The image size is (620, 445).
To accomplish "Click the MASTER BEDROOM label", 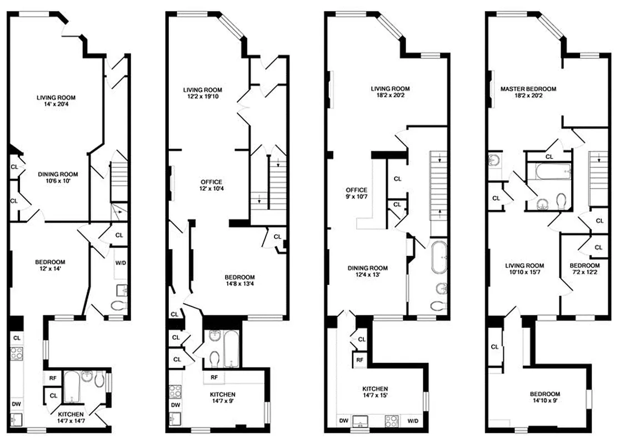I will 528,88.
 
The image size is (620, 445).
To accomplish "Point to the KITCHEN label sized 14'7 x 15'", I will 376,389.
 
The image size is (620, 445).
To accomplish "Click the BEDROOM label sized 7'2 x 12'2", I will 584,265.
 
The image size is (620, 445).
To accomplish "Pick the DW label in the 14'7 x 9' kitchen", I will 175,405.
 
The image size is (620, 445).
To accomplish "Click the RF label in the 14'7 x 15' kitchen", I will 360,360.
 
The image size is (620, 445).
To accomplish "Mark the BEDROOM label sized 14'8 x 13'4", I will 239,277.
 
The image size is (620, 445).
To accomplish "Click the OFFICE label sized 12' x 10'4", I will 211,182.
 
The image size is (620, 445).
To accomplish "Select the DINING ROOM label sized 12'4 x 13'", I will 367,268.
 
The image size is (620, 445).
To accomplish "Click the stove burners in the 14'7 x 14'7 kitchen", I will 17,352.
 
